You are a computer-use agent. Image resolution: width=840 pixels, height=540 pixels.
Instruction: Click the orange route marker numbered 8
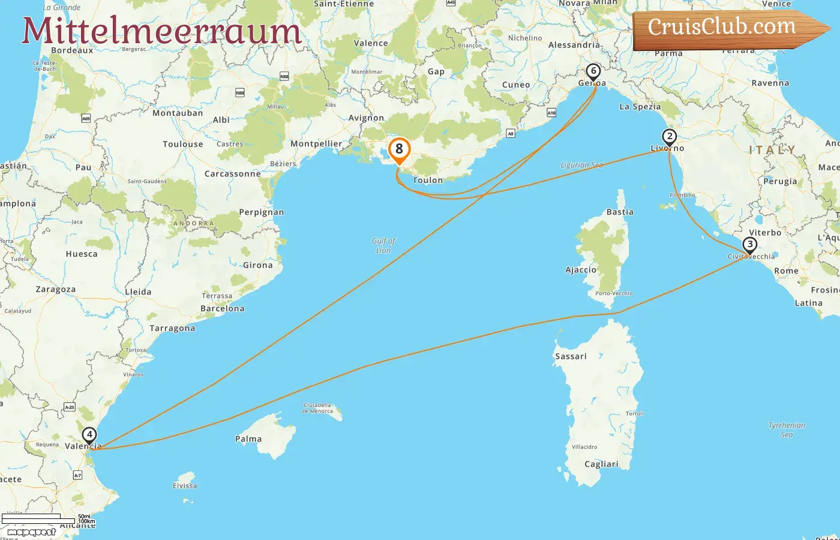click(x=399, y=150)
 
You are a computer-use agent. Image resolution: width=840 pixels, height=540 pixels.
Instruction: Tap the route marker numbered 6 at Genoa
click(x=593, y=72)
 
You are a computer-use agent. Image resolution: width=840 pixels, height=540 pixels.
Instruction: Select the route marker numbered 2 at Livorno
click(x=670, y=137)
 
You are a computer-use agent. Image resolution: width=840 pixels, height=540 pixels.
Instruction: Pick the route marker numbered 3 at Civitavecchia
click(x=749, y=245)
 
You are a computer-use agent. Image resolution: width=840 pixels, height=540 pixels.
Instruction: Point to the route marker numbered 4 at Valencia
click(x=89, y=435)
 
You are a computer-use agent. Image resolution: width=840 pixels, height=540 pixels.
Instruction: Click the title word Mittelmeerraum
click(x=161, y=31)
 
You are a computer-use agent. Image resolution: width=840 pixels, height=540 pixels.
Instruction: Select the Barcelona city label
click(x=223, y=309)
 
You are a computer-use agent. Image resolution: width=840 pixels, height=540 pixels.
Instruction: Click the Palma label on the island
click(x=248, y=439)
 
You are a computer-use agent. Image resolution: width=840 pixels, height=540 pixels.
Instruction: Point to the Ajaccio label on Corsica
click(x=581, y=270)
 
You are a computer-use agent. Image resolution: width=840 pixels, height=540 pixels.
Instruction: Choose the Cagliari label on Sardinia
click(x=601, y=464)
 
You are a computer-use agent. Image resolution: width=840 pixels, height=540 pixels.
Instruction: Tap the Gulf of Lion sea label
click(x=384, y=245)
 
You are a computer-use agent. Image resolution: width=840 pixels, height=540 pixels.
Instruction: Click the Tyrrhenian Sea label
click(x=787, y=430)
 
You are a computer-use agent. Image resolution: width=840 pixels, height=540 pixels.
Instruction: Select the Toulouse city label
click(x=183, y=145)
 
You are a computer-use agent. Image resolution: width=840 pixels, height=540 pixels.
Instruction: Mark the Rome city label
click(x=786, y=271)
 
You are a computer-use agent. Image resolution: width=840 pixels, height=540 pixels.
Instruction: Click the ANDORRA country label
click(x=193, y=224)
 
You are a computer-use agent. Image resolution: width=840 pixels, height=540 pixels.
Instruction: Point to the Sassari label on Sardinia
click(x=571, y=356)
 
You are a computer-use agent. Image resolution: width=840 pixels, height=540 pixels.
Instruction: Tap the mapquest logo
click(x=31, y=532)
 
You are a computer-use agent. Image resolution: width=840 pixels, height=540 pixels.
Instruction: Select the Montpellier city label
click(x=316, y=144)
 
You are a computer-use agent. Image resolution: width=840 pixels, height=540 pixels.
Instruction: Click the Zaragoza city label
click(x=56, y=289)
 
